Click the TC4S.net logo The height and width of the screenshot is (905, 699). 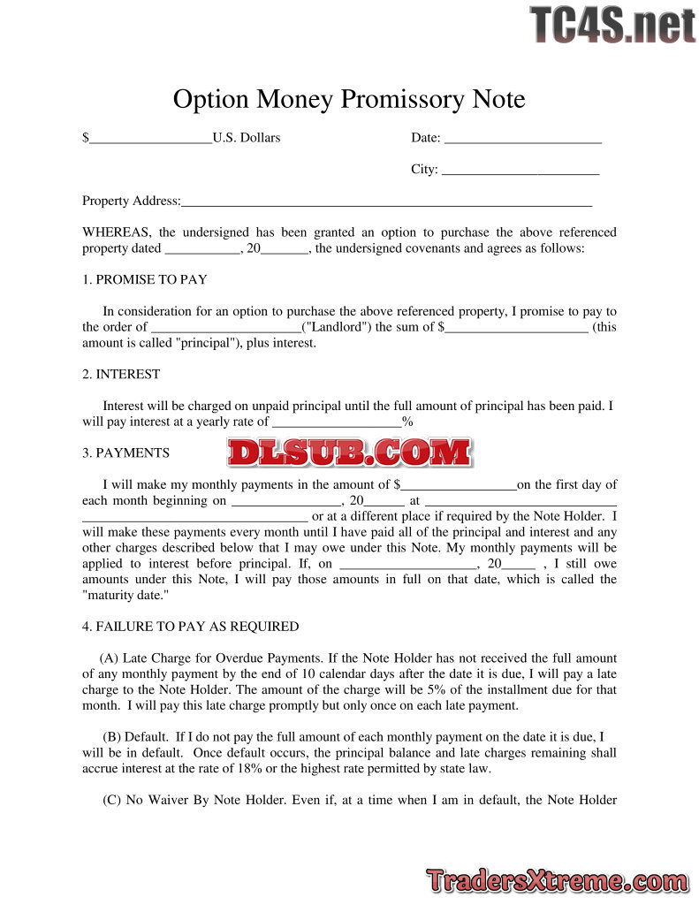tap(612, 25)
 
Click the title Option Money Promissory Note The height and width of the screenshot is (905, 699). tap(349, 99)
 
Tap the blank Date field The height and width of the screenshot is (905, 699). tap(522, 138)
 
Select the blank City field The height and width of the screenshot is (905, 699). tap(520, 170)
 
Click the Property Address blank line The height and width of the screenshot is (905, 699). tap(386, 202)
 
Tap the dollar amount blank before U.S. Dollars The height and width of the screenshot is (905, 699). tap(150, 138)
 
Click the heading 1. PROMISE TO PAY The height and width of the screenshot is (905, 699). tap(145, 279)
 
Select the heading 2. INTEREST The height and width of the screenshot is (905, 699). tap(121, 374)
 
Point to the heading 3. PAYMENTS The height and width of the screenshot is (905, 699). tap(125, 453)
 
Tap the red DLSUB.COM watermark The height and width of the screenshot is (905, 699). tap(349, 452)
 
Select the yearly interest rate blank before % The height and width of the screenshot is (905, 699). tap(336, 422)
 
